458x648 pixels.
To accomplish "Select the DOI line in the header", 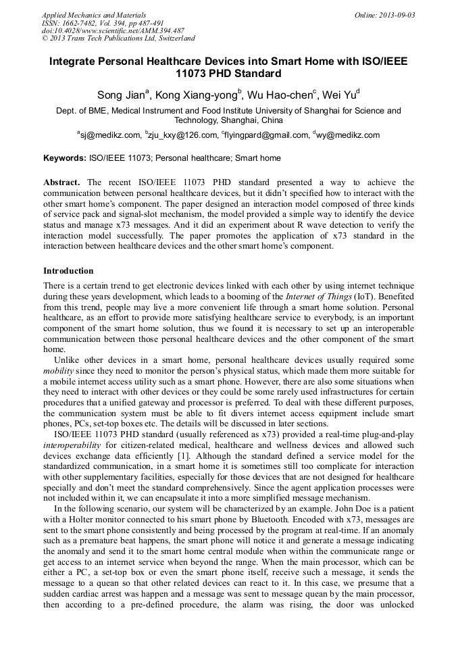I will [113, 30].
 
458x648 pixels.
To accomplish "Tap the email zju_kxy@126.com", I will [182, 135].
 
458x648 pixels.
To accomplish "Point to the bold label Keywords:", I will [65, 159].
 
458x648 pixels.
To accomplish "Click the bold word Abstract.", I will [61, 182].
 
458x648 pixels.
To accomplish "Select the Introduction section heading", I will [68, 271].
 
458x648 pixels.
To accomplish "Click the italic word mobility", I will [59, 372].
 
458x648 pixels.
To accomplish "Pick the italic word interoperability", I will [75, 447].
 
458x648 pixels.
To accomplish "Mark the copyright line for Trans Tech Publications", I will [118, 39].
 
